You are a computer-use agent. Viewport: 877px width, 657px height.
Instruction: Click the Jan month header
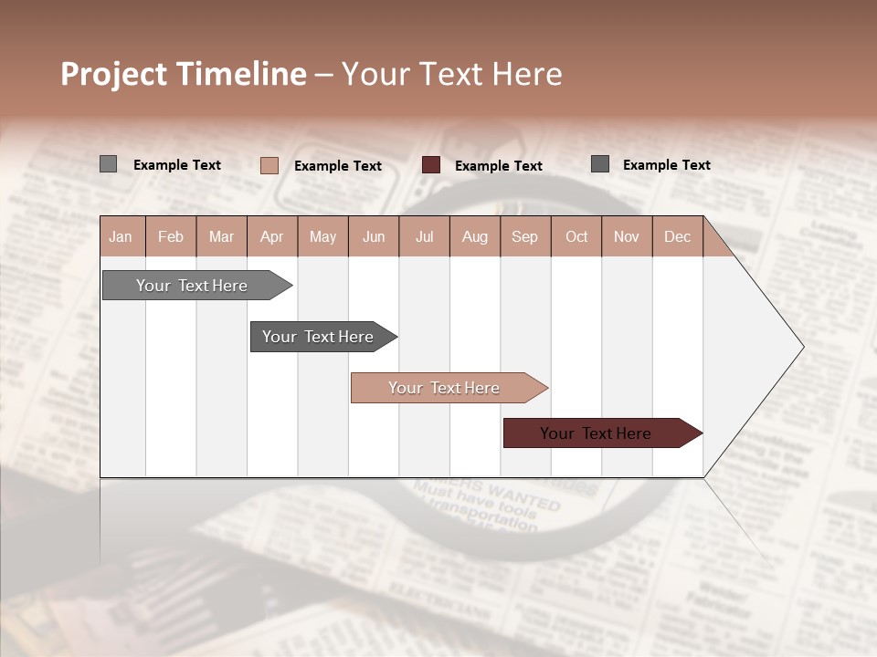[122, 236]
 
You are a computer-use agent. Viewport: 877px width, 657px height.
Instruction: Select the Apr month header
[272, 236]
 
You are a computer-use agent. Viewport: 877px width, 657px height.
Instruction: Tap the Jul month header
[424, 236]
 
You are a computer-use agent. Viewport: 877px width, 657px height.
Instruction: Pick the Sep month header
[524, 236]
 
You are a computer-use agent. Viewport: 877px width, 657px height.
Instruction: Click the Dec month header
[677, 236]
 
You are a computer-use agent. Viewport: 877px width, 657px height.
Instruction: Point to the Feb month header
[171, 236]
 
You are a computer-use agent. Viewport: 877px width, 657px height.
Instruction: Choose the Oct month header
[576, 236]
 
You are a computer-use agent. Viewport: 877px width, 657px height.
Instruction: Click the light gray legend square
[108, 164]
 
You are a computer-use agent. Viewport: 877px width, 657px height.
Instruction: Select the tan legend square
[269, 165]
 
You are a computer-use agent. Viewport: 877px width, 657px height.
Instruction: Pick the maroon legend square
[430, 165]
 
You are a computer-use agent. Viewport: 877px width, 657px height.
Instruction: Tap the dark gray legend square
[600, 164]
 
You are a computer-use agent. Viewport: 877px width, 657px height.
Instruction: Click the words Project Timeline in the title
[183, 74]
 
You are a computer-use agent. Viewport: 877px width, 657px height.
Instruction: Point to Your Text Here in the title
[452, 74]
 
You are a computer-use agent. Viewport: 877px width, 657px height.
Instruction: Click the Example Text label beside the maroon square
[498, 166]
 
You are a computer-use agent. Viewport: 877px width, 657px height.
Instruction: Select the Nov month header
[627, 236]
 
